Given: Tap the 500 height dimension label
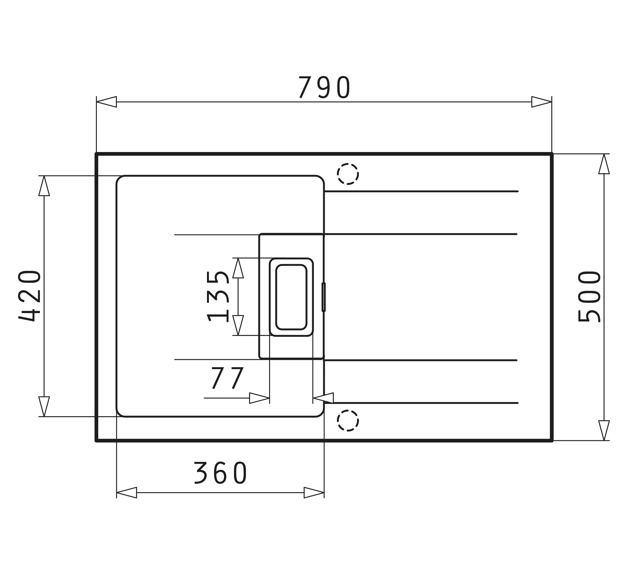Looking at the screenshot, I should pyautogui.click(x=589, y=297).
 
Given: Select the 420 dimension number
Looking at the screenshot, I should pyautogui.click(x=30, y=296).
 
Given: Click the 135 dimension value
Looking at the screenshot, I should pyautogui.click(x=218, y=297).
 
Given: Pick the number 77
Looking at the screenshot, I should pyautogui.click(x=227, y=378).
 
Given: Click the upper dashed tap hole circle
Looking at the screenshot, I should pyautogui.click(x=348, y=174).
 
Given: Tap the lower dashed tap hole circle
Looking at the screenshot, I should pyautogui.click(x=348, y=420).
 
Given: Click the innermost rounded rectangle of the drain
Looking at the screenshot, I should pyautogui.click(x=291, y=297).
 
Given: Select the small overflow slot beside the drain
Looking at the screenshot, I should pyautogui.click(x=323, y=297).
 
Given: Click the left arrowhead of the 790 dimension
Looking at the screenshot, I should pyautogui.click(x=107, y=102).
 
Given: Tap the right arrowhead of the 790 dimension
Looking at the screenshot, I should pyautogui.click(x=541, y=102).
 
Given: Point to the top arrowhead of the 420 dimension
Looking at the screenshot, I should pyautogui.click(x=44, y=186).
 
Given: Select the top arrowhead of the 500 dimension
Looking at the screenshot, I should pyautogui.click(x=604, y=164).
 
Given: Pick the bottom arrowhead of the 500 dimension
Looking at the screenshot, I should pyautogui.click(x=604, y=430).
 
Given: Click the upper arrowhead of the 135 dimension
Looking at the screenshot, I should pyautogui.click(x=238, y=268).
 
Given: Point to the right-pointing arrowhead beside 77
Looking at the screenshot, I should pyautogui.click(x=259, y=398).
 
